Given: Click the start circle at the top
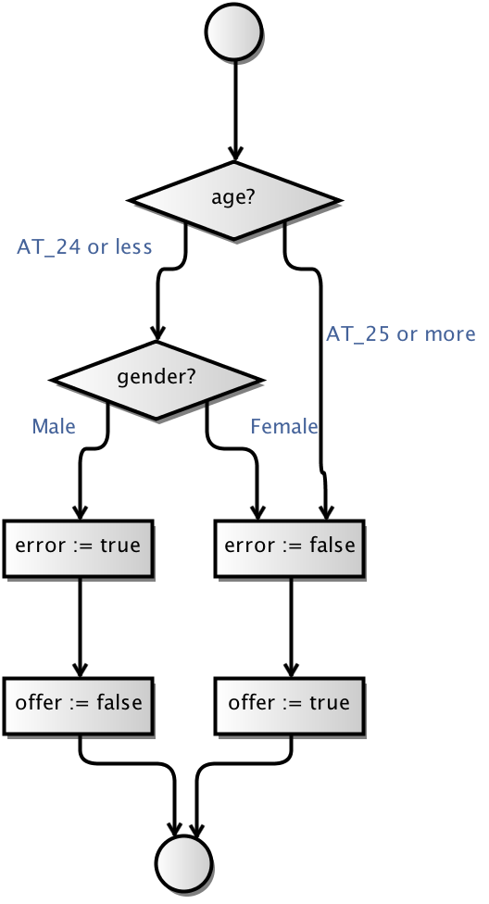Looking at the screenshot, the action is [x=234, y=31].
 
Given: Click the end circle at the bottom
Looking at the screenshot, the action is [x=183, y=863].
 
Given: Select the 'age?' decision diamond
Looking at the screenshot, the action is [x=234, y=200].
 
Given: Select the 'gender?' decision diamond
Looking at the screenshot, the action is [x=157, y=380].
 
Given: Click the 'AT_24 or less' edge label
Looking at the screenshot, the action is [x=84, y=246].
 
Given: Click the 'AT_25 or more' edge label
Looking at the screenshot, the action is [x=401, y=333].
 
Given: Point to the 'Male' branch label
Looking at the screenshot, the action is [x=54, y=427].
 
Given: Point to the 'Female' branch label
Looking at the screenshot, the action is [x=283, y=427].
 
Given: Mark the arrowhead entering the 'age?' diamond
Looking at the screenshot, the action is [x=234, y=154].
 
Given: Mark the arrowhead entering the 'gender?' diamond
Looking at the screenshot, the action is [x=157, y=333].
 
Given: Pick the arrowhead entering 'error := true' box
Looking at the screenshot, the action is [x=80, y=512].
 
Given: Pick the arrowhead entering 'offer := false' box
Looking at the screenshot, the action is [x=80, y=670].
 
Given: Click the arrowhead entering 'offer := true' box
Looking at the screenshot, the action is [x=291, y=670].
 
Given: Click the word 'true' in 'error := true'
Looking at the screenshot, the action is [x=120, y=546].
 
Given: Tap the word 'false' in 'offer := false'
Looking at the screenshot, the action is [x=119, y=702].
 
